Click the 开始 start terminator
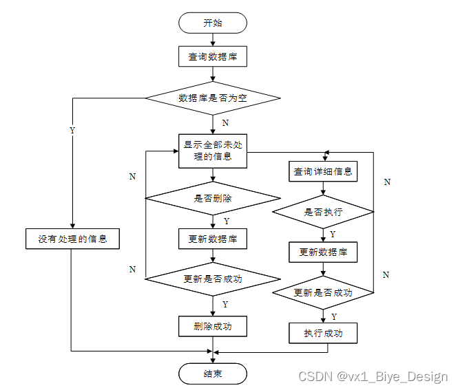(x=213, y=23)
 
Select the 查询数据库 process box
(x=213, y=57)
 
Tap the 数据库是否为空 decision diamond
(x=213, y=98)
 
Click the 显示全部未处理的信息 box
(x=213, y=151)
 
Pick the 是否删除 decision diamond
(x=213, y=198)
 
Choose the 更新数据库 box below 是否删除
(x=213, y=239)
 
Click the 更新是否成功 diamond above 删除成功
(x=213, y=279)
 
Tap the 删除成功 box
(x=213, y=326)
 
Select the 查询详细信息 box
(x=323, y=172)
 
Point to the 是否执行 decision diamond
(x=323, y=212)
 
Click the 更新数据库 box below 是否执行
(x=323, y=252)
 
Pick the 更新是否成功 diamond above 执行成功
(x=323, y=292)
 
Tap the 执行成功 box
(x=323, y=334)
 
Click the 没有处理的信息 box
(x=72, y=239)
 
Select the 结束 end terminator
(x=213, y=373)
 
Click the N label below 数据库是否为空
(x=225, y=123)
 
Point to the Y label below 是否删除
(x=226, y=221)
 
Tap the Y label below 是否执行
(x=333, y=235)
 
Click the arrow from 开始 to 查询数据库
(x=213, y=40)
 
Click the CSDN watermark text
(x=373, y=376)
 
